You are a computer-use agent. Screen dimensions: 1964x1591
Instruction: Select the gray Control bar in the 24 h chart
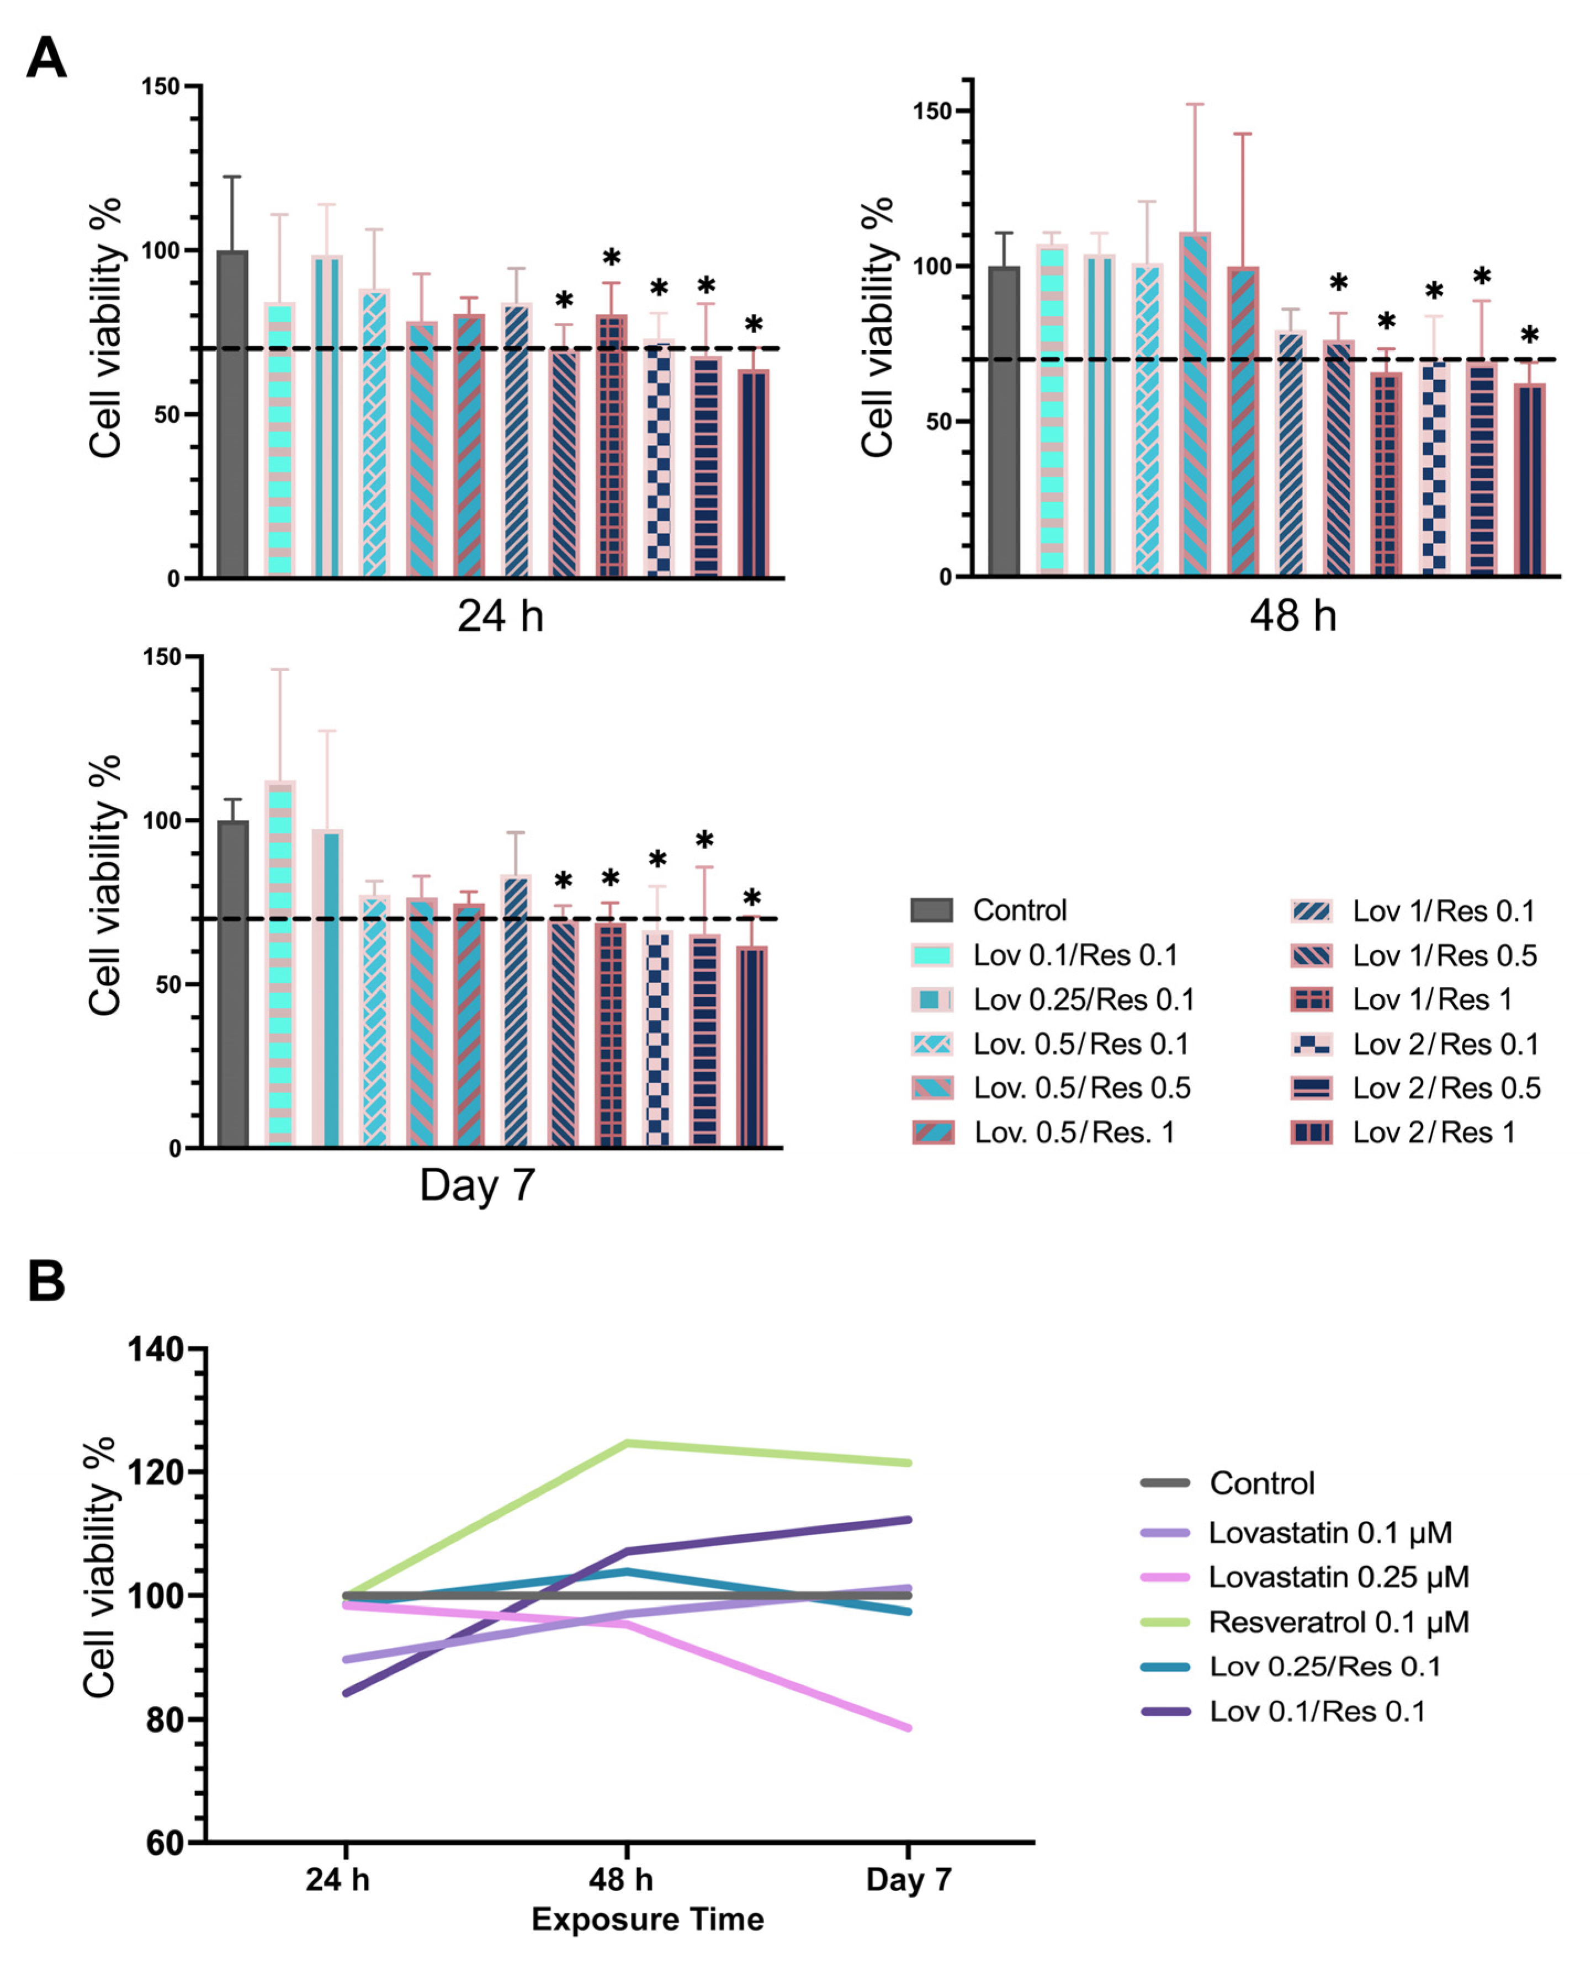tap(233, 412)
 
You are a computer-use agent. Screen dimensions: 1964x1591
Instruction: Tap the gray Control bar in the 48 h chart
tap(1005, 422)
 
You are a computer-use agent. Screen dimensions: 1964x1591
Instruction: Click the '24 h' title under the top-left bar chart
tap(500, 616)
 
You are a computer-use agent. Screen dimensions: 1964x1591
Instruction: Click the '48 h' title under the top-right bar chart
tap(1293, 616)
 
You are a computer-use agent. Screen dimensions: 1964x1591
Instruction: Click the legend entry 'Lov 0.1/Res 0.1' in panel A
tap(1075, 955)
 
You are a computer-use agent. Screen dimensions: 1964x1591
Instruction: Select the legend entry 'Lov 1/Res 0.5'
tap(1444, 955)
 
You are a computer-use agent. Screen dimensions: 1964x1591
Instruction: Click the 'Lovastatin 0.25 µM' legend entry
tap(1338, 1577)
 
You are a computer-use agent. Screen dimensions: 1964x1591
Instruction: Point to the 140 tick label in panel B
tap(156, 1349)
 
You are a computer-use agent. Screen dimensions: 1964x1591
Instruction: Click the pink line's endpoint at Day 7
tap(908, 1728)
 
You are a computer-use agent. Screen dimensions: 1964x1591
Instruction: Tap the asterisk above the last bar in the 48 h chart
tap(1530, 336)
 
